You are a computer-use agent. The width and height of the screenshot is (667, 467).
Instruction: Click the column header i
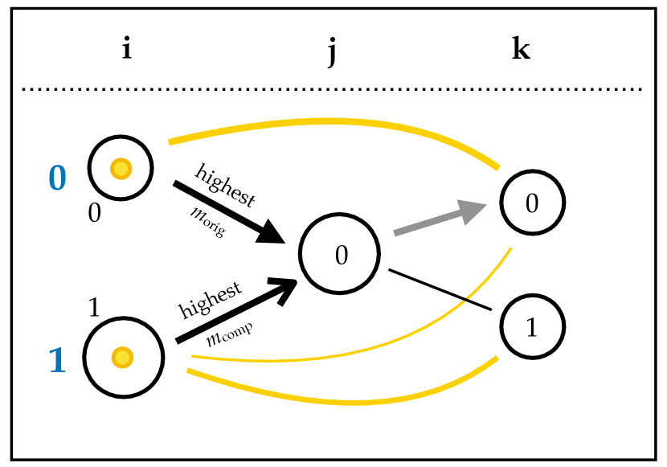(x=126, y=50)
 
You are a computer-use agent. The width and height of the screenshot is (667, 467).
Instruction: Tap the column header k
(x=521, y=50)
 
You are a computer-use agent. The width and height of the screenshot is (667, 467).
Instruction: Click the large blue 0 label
(x=58, y=177)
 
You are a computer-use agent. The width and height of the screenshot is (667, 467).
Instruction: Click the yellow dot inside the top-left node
(x=121, y=169)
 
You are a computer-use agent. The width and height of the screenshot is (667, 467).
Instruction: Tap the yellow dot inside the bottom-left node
(x=121, y=356)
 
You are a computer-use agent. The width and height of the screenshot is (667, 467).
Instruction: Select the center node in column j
(x=339, y=255)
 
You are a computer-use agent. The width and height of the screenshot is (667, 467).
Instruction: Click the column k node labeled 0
(x=532, y=203)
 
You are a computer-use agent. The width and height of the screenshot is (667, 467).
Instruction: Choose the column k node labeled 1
(x=532, y=327)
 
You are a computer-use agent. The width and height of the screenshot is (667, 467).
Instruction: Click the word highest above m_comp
(x=210, y=301)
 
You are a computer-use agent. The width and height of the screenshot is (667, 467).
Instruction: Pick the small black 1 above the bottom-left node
(x=93, y=307)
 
